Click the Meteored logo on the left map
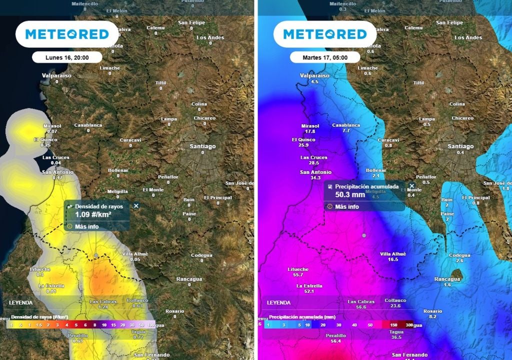[x=67, y=34]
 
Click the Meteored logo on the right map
[x=324, y=34]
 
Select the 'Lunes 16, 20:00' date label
[x=67, y=57]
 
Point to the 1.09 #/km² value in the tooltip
[x=93, y=214]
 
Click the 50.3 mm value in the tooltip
[x=350, y=195]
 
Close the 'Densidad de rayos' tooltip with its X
[x=136, y=205]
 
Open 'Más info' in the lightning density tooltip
[x=86, y=226]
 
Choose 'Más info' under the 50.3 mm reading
[x=346, y=206]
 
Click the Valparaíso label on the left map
[x=56, y=75]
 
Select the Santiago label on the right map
[x=460, y=146]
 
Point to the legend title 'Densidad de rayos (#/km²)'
[x=39, y=317]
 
